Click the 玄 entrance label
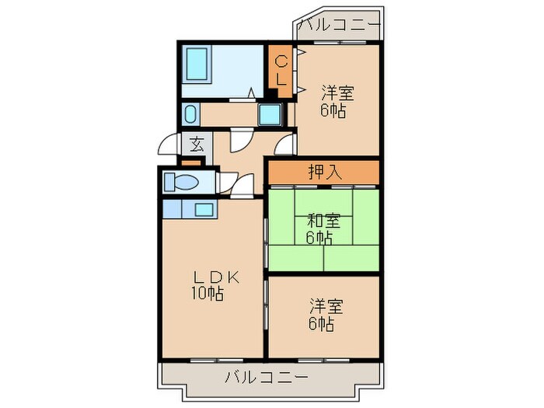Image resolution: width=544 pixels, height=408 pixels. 197,145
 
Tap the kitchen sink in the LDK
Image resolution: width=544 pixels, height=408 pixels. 204,208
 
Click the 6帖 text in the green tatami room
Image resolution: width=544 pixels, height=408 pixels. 318,239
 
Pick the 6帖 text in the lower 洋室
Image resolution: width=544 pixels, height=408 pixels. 321,324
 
